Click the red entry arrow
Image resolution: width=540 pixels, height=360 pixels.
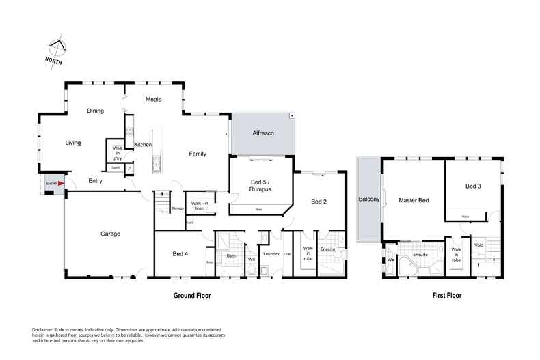(x=60, y=183)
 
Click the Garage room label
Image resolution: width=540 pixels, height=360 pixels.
(x=110, y=234)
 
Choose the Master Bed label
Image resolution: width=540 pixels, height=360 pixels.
(x=414, y=200)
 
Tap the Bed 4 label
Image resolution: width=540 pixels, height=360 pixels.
(x=180, y=254)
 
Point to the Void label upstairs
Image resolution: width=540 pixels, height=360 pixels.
(x=478, y=245)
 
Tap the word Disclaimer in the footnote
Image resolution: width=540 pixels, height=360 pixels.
(x=44, y=329)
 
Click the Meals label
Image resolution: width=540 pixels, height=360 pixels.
(x=154, y=99)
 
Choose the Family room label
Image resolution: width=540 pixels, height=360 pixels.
(x=198, y=154)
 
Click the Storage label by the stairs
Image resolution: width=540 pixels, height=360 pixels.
(x=178, y=208)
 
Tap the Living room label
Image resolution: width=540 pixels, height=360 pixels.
(x=73, y=143)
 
